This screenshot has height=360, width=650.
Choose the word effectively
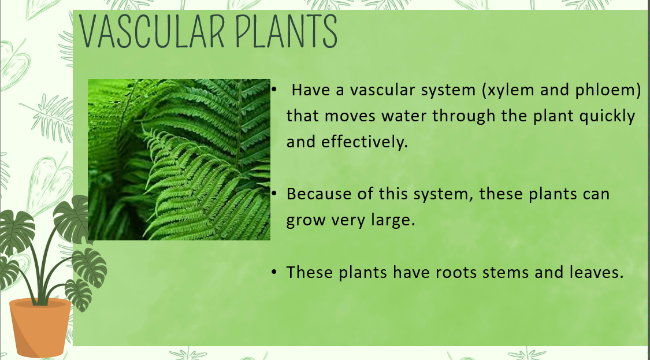pyautogui.click(x=365, y=142)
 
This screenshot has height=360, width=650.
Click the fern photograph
pyautogui.click(x=179, y=159)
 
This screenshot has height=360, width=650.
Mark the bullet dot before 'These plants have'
pyautogui.click(x=274, y=272)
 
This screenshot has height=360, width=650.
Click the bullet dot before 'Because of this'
pyautogui.click(x=274, y=193)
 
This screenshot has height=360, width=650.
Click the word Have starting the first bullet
pyautogui.click(x=311, y=90)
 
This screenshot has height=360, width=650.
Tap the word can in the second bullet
pyautogui.click(x=596, y=194)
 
